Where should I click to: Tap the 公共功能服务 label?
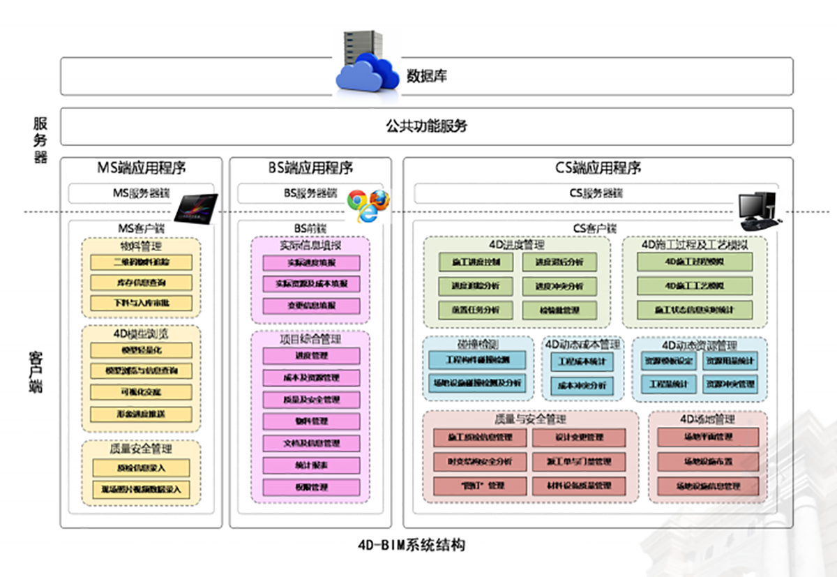click(426, 126)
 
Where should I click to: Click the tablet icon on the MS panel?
click(195, 208)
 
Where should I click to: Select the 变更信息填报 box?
click(311, 306)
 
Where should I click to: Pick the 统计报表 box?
click(311, 465)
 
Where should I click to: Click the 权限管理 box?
click(311, 487)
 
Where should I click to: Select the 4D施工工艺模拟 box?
click(695, 286)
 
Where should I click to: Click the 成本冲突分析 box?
click(582, 384)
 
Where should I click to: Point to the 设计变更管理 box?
click(578, 437)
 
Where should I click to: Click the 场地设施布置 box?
click(707, 461)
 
